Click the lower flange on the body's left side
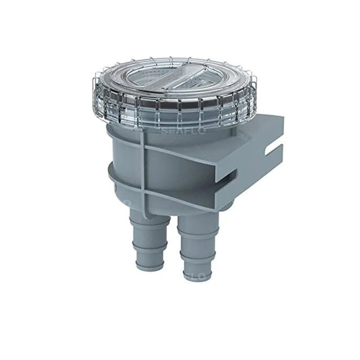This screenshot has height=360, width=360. pyautogui.click(x=112, y=176)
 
